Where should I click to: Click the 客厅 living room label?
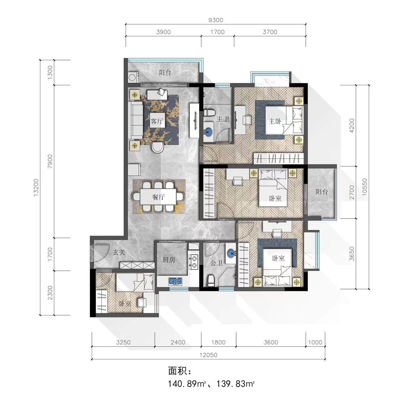point(157,121)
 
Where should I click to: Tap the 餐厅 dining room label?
point(159,197)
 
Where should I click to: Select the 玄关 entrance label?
point(119,252)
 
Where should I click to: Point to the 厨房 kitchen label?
point(169,260)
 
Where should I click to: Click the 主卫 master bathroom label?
point(223,119)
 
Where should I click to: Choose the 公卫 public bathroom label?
point(217,263)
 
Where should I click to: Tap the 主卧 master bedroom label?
point(275,121)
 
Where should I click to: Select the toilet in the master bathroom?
point(209,112)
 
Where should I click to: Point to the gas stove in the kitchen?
point(193,262)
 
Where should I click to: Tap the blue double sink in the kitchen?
point(176,281)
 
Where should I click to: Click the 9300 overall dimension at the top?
point(216,20)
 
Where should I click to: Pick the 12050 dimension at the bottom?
point(208,355)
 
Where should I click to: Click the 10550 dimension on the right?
point(365,187)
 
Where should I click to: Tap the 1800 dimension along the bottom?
point(219,342)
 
